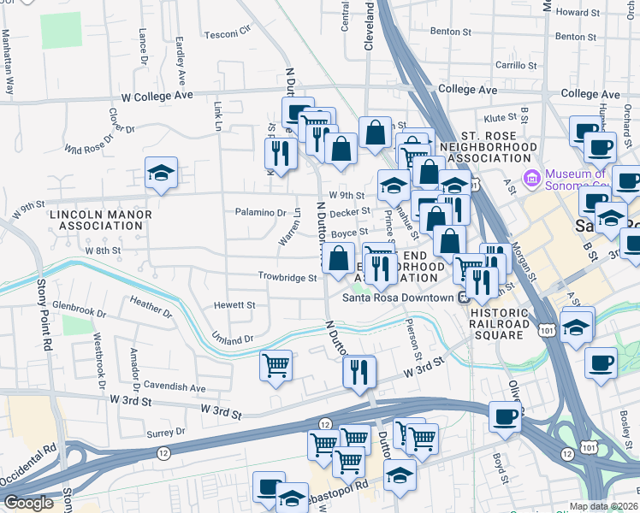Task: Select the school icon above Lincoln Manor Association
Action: pos(161,174)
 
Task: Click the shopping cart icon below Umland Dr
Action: pos(276,367)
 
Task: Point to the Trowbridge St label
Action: pos(288,277)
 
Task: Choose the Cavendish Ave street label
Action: pos(175,386)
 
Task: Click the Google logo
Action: pos(28,503)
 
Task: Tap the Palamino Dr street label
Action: pos(261,212)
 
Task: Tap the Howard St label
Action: pos(571,12)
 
